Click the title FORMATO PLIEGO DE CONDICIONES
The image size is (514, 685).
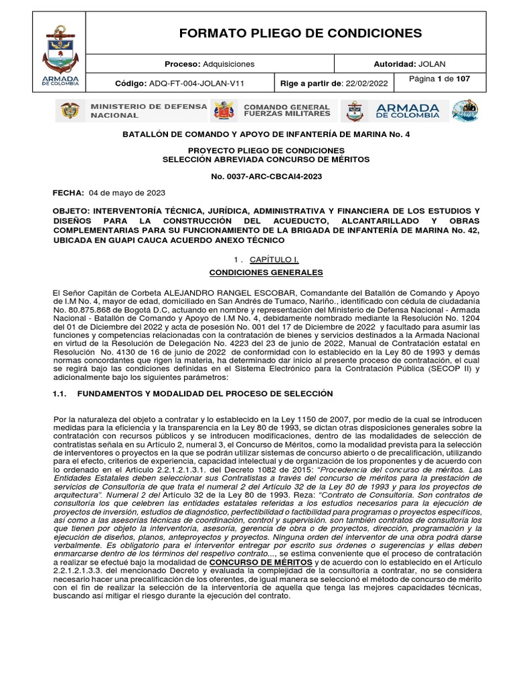298,33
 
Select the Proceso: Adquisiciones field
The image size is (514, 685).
209,64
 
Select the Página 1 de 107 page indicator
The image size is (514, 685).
439,80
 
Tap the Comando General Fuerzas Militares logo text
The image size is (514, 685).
286,111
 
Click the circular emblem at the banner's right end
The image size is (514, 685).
464,111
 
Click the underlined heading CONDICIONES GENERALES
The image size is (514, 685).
257,273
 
